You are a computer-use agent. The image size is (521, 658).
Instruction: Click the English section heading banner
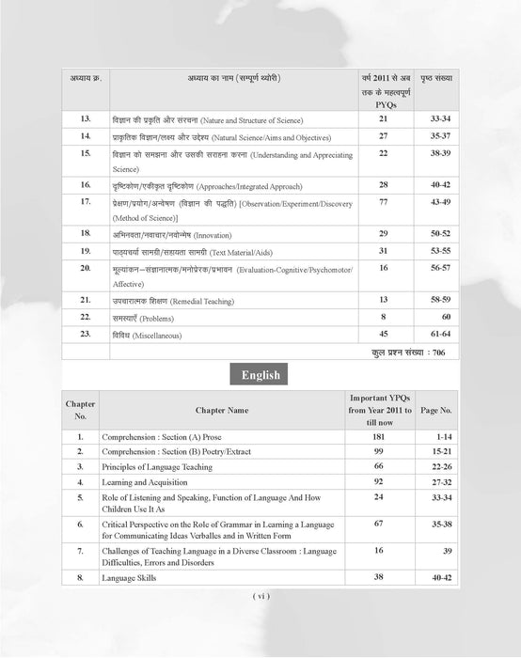pos(260,374)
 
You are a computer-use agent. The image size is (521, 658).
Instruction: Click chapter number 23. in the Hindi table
pos(86,335)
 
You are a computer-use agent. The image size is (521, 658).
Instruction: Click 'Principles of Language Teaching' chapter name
pos(155,466)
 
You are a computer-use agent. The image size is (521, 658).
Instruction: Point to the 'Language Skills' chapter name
pos(131,577)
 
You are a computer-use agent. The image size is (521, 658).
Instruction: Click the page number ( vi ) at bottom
pos(260,596)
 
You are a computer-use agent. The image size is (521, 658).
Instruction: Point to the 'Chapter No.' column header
pos(81,410)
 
